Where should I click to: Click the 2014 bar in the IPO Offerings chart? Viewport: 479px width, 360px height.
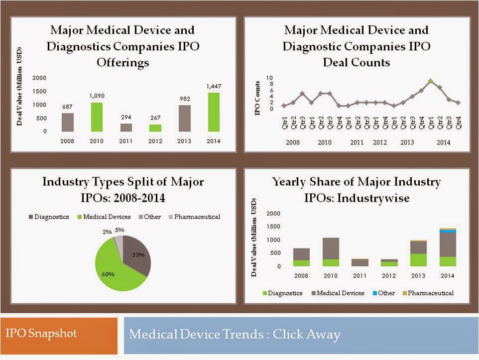[214, 112]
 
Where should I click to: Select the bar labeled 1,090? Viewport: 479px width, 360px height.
[96, 117]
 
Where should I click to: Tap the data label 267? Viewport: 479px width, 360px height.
[155, 118]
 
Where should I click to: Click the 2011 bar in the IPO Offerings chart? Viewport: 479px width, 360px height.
[126, 127]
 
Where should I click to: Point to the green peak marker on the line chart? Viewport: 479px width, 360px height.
[431, 81]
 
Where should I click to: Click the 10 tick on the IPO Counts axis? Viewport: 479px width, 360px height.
[269, 78]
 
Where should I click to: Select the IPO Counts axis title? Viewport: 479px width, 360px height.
[258, 98]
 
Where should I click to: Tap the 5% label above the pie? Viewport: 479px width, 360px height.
[120, 230]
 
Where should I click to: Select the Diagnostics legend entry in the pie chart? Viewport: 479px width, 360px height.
[50, 217]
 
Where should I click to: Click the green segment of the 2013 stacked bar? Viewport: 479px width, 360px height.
[418, 260]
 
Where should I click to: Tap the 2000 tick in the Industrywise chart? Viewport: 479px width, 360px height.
[274, 213]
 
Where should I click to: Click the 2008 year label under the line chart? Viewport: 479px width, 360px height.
[293, 142]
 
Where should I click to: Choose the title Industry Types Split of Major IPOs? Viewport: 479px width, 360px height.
[123, 189]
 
